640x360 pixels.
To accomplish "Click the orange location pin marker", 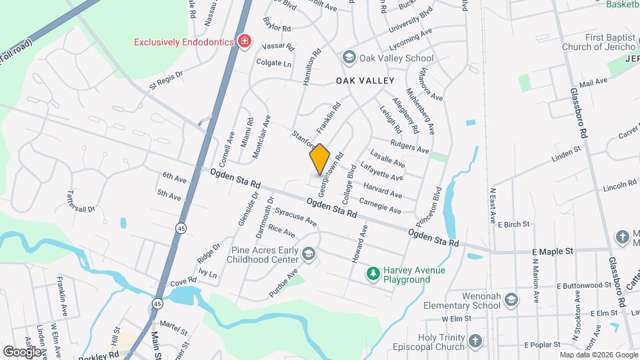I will [x=320, y=159].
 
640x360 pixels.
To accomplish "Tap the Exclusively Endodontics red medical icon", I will [x=245, y=42].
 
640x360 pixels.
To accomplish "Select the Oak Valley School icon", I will [x=348, y=57].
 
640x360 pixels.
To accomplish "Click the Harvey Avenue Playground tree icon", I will [x=373, y=274].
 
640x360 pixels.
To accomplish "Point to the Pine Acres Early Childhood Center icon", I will [x=308, y=254].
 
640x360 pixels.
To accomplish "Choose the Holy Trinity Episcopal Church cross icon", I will [x=475, y=341].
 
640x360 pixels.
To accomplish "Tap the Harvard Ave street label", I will [x=383, y=191].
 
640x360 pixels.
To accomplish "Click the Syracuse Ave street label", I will [x=295, y=219].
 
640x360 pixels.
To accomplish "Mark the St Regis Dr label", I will [x=166, y=81].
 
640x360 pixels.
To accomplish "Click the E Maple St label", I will [x=553, y=252].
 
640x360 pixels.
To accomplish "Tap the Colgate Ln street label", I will [x=275, y=63].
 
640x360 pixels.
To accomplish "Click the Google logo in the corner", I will [x=22, y=351].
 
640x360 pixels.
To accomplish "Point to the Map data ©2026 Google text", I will [x=598, y=355].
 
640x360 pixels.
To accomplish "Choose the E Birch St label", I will [x=513, y=225].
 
